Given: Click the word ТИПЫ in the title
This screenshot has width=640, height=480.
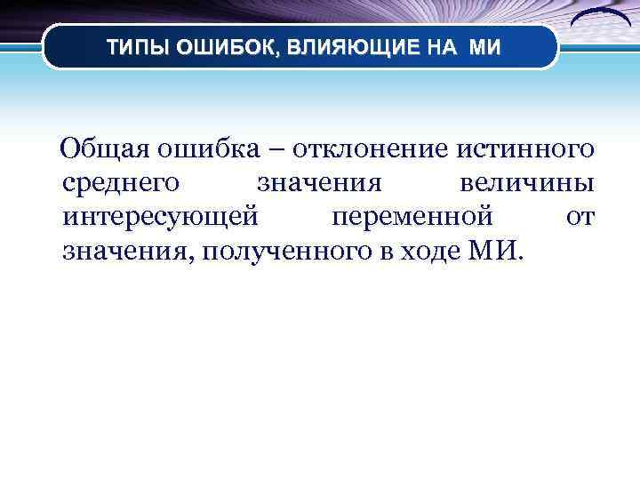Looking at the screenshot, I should (x=132, y=46).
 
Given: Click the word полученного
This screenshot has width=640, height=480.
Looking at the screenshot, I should (x=279, y=251).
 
